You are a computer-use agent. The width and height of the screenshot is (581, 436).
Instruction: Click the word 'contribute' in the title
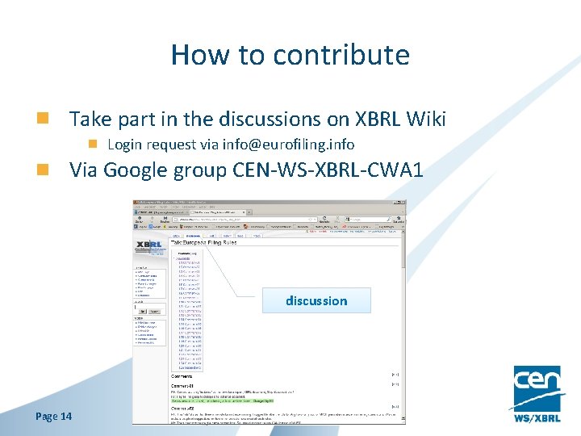coord(341,55)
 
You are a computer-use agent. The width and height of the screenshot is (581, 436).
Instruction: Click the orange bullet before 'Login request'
coord(94,145)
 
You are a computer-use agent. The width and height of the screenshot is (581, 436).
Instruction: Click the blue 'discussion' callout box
coord(316,300)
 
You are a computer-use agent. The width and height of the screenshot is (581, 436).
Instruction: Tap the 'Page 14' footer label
coord(54,416)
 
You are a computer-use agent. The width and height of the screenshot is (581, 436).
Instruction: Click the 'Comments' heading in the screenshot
coord(182,376)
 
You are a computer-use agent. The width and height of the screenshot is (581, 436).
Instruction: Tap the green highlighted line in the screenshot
coord(221,400)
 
